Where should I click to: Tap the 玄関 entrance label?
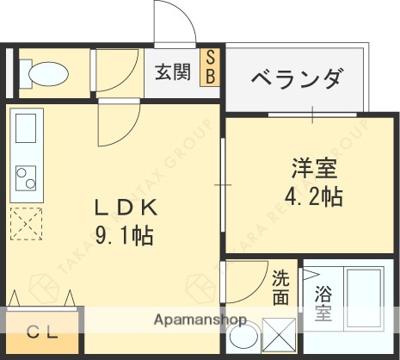pos(172,73)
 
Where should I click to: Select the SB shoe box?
pos(209,67)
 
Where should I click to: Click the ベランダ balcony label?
pos(296,79)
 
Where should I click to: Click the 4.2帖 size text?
pos(313,196)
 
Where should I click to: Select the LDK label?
pos(125,208)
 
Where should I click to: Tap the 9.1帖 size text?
pos(123,234)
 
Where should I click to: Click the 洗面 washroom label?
pos(281,288)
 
